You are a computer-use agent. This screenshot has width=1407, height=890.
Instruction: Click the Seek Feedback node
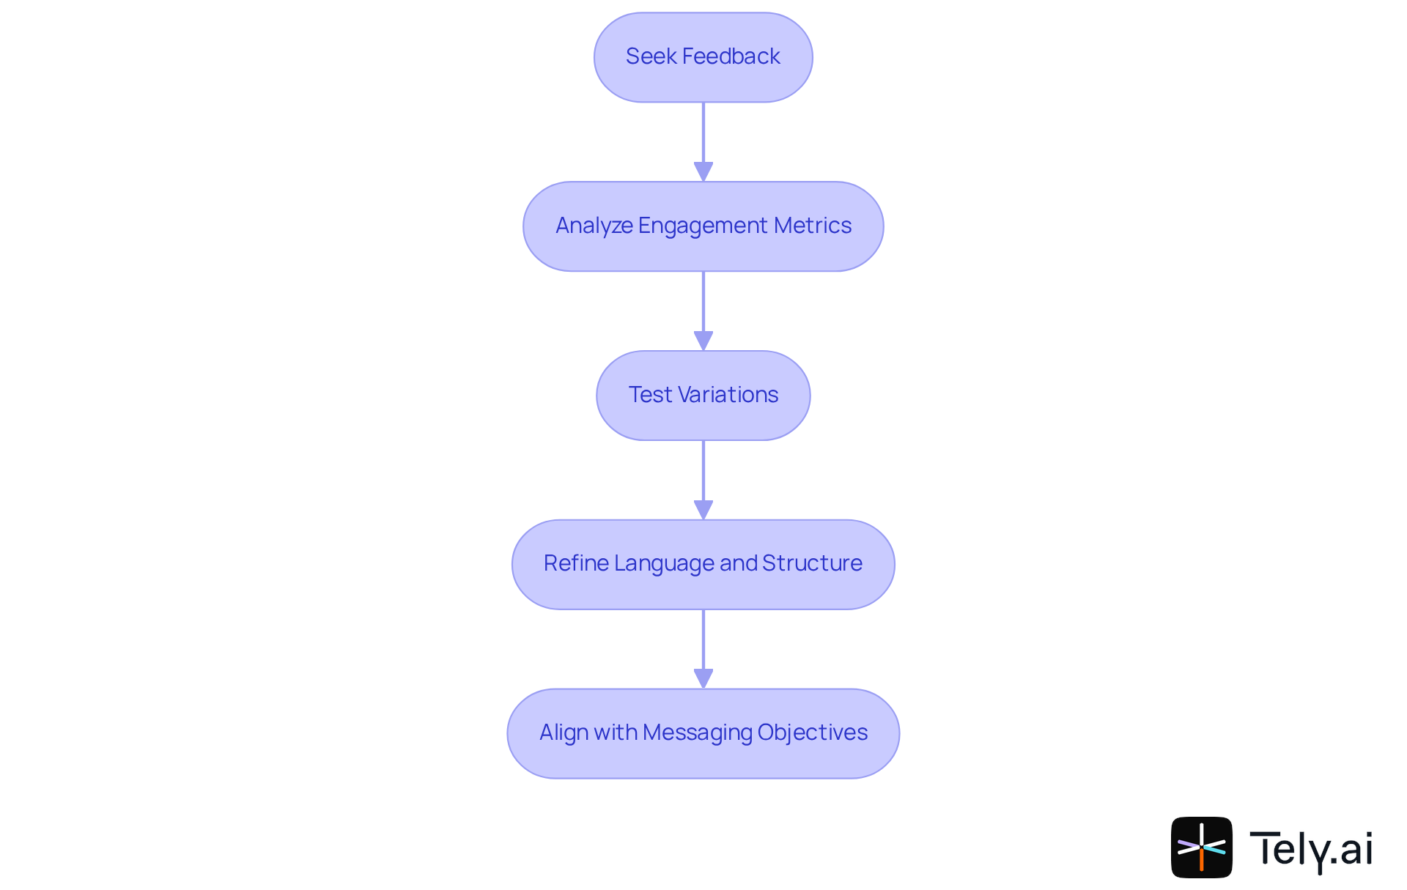tap(703, 57)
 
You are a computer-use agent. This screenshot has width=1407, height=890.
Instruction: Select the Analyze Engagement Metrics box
tap(703, 226)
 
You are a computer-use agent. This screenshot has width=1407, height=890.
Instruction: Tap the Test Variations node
tap(703, 396)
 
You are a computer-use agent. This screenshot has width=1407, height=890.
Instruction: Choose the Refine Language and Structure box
tap(703, 564)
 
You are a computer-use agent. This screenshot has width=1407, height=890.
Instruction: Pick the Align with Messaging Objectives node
tap(703, 733)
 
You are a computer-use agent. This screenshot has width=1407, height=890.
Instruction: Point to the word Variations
tap(728, 395)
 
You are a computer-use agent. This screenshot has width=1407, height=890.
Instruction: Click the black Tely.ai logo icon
tap(1201, 848)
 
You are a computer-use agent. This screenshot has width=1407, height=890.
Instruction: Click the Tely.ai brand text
tap(1311, 849)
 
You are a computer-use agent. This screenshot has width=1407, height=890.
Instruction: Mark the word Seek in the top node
tap(651, 56)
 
